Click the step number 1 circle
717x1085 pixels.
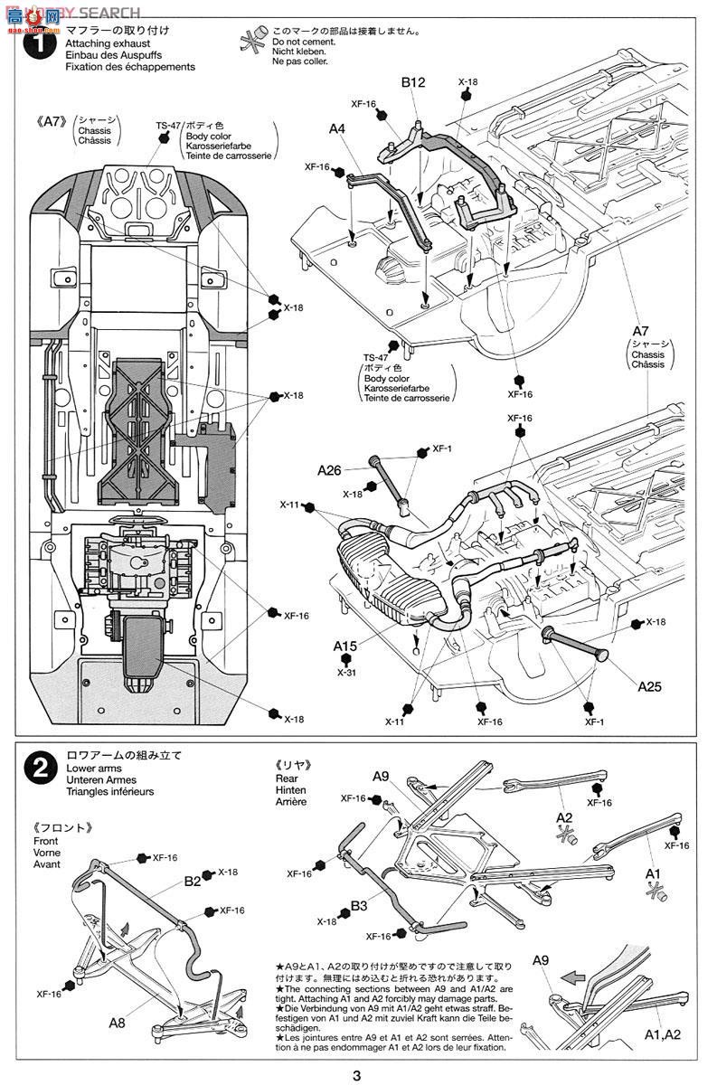40,46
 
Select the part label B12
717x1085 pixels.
413,83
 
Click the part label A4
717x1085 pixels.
337,129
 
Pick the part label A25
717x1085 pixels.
649,686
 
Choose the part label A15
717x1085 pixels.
345,646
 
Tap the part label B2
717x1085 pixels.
193,880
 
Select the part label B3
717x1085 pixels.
358,905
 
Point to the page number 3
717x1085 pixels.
358,1075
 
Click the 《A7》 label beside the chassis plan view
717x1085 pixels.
53,120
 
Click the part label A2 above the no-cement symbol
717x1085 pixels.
565,817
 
